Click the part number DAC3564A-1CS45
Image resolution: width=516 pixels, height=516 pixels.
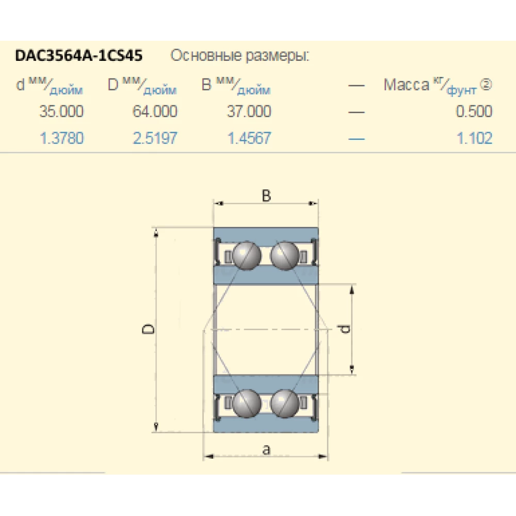tap(79, 55)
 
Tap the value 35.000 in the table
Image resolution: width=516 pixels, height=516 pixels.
tap(61, 111)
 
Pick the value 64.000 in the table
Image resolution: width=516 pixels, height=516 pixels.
tap(155, 111)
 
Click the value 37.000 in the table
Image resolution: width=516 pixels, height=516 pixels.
tap(249, 111)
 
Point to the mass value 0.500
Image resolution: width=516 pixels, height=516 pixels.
tap(474, 111)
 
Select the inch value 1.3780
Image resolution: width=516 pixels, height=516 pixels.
tap(61, 138)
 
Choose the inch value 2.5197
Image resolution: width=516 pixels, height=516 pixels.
tap(155, 138)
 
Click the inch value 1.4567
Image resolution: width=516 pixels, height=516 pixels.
tap(249, 138)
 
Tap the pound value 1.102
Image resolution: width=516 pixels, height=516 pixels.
tap(474, 138)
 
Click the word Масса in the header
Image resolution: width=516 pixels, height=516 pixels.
tap(406, 85)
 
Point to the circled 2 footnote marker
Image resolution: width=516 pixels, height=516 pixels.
tap(486, 84)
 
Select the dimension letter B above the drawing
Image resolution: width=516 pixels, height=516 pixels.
tap(266, 196)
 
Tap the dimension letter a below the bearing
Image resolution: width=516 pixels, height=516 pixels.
tap(266, 449)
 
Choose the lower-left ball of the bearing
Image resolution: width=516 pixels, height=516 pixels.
tap(247, 403)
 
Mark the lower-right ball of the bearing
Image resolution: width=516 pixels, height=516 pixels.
tap(284, 403)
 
